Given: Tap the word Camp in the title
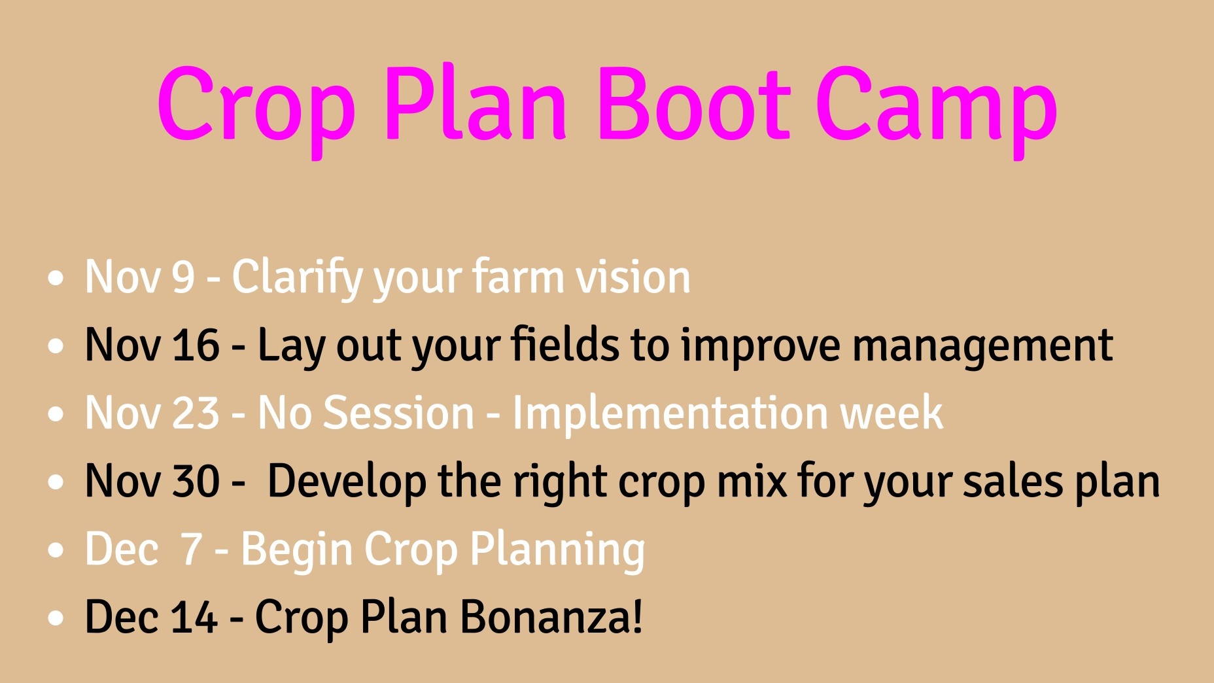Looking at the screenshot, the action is click(937, 111).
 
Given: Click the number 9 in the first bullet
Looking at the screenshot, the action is click(183, 277).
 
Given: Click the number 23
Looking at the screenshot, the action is click(196, 413).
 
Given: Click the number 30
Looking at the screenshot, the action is click(196, 481).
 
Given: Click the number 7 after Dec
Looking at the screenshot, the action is click(191, 549).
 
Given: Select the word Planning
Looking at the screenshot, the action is click(557, 552).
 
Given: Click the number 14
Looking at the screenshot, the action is click(194, 617).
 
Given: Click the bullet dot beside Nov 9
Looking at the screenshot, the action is click(56, 278).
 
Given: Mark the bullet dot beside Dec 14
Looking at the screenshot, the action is click(56, 618).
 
